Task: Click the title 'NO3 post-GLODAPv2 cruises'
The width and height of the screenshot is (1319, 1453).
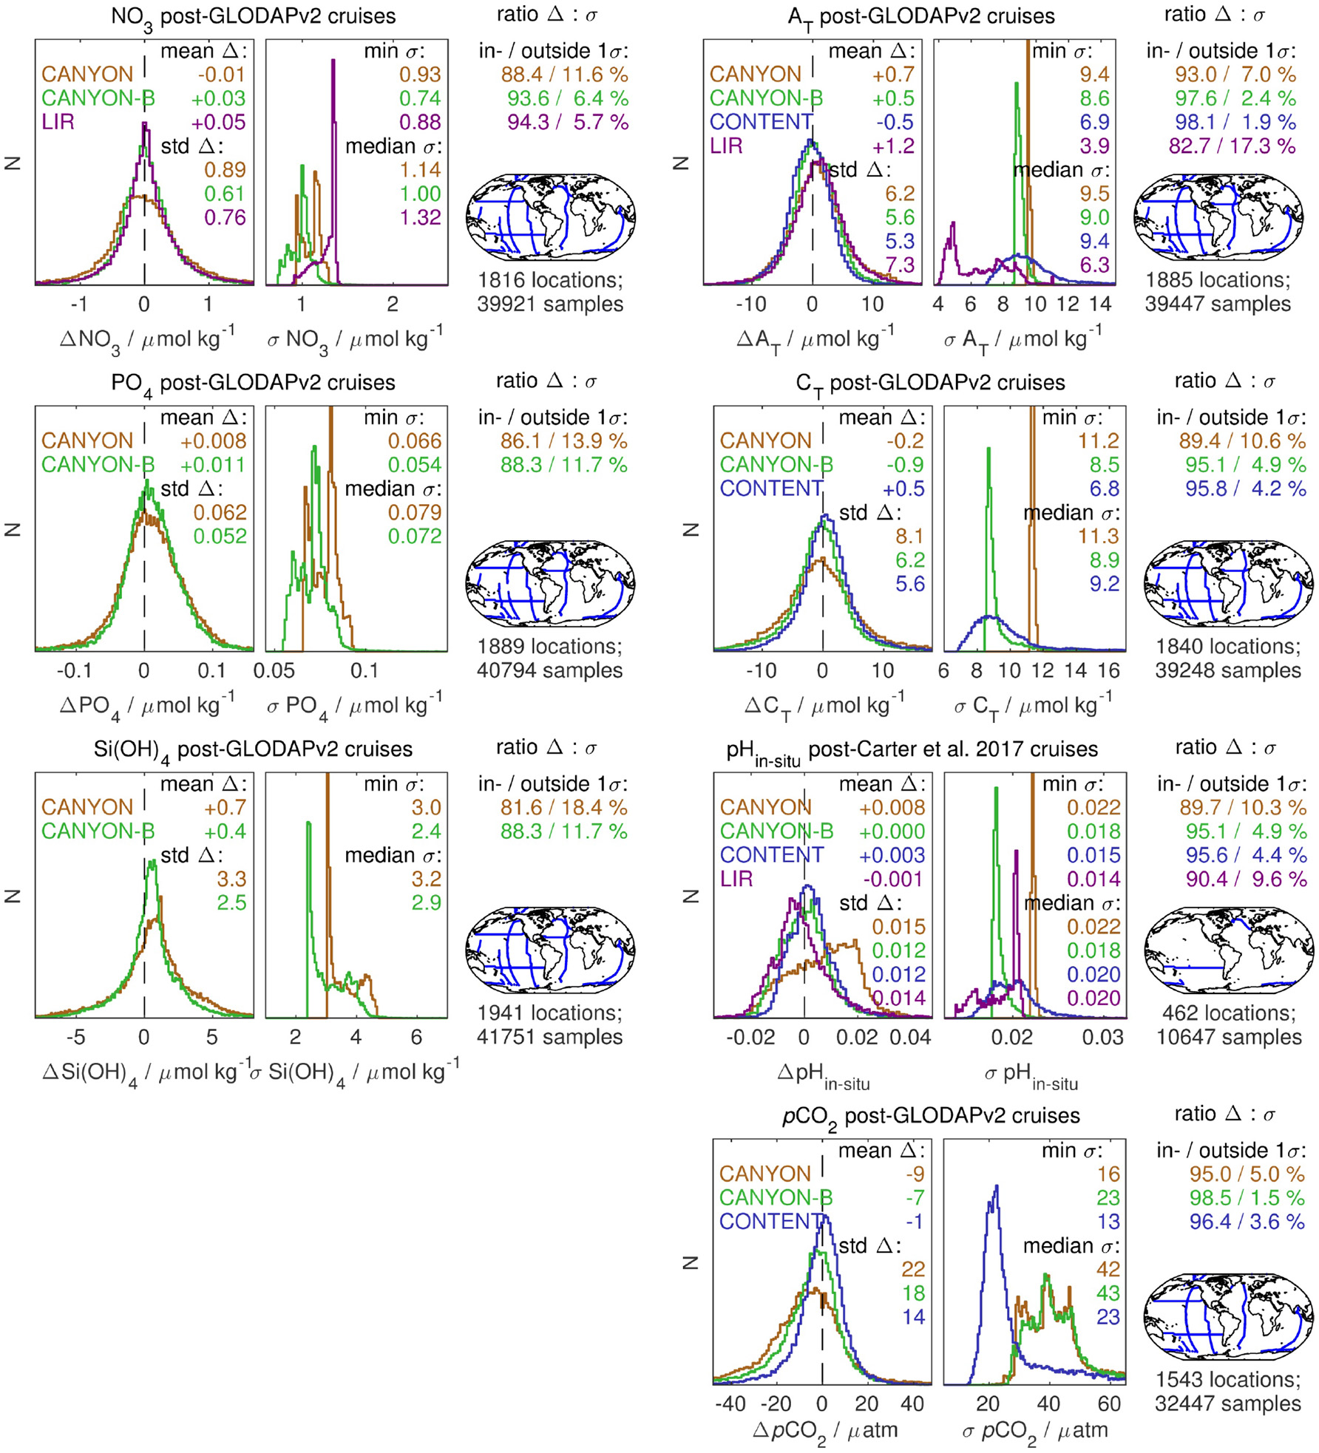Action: [x=253, y=16]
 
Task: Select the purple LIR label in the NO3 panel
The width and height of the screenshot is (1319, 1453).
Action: [x=58, y=122]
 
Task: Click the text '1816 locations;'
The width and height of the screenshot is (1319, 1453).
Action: [x=550, y=280]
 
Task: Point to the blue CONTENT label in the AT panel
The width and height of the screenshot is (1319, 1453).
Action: [x=761, y=122]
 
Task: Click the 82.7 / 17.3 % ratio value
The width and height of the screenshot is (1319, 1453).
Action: [x=1232, y=146]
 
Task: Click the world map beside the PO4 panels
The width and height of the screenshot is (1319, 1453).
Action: [x=550, y=582]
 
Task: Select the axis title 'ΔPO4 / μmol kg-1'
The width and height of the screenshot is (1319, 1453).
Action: [x=146, y=707]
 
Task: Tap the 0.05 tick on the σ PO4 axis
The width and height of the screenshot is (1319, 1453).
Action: [x=274, y=670]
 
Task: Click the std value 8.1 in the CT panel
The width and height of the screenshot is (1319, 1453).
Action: [x=909, y=536]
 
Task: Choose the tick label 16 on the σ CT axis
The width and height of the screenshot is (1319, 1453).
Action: [x=1108, y=670]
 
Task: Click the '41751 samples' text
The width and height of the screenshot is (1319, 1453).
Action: [x=549, y=1037]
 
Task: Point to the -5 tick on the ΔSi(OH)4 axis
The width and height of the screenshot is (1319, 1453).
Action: [x=75, y=1037]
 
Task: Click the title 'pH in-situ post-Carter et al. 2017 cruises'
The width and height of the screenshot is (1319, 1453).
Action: [x=911, y=750]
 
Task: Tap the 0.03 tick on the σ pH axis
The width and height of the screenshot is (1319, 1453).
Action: [x=1102, y=1037]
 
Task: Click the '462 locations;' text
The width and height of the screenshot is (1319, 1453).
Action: [x=1228, y=1013]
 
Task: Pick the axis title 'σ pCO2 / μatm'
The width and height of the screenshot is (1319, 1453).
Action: [x=1034, y=1431]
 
